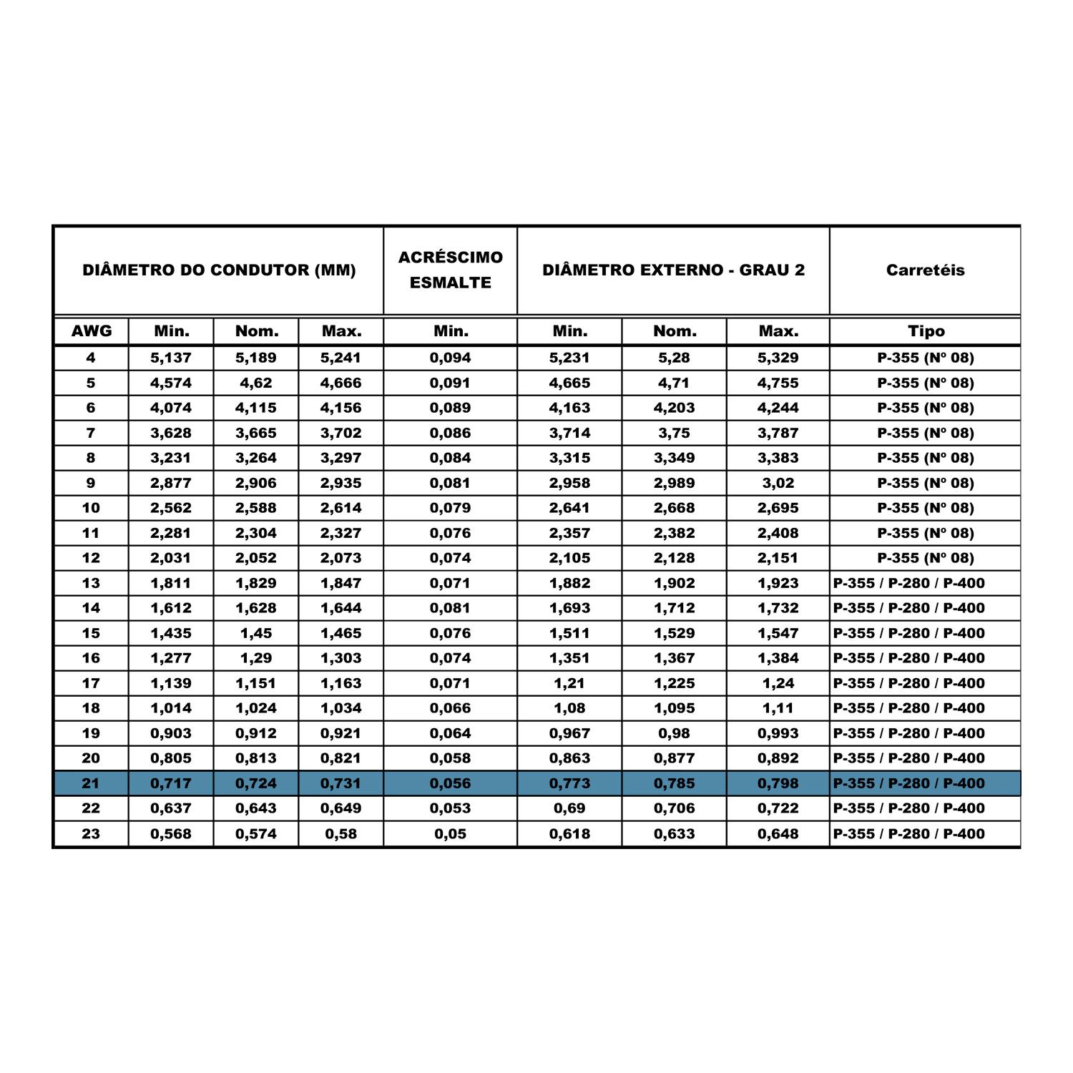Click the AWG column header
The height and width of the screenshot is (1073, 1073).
click(x=92, y=331)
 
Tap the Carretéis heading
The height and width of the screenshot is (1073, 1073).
click(x=925, y=270)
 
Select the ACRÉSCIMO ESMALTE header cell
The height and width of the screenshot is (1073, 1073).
click(x=450, y=270)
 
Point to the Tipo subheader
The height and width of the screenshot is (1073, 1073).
click(x=926, y=331)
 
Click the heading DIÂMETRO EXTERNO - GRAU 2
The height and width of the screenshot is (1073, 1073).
click(x=673, y=270)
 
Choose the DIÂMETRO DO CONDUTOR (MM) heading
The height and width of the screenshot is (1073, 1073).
click(x=219, y=270)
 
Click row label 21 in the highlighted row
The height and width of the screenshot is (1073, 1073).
click(x=91, y=783)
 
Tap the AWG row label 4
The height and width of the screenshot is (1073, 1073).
click(x=91, y=358)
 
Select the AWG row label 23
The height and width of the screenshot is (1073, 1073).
click(x=91, y=833)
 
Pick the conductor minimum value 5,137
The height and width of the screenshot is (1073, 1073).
click(x=171, y=358)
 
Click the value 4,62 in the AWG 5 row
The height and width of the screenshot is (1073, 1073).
click(x=256, y=383)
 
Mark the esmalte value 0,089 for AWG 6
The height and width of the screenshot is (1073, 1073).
click(x=450, y=408)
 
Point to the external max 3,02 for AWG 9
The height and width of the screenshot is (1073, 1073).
click(x=778, y=483)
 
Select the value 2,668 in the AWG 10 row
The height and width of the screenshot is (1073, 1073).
click(x=674, y=508)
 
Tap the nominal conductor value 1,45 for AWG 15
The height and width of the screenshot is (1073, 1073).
click(x=256, y=633)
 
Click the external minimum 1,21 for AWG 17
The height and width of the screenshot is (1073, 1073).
click(x=569, y=683)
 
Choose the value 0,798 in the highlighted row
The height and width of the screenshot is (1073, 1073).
click(x=778, y=783)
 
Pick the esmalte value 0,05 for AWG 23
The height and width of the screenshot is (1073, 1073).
click(x=450, y=833)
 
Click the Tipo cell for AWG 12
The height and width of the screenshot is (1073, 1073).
click(x=926, y=558)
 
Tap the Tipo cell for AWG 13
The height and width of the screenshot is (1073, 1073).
click(x=908, y=583)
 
